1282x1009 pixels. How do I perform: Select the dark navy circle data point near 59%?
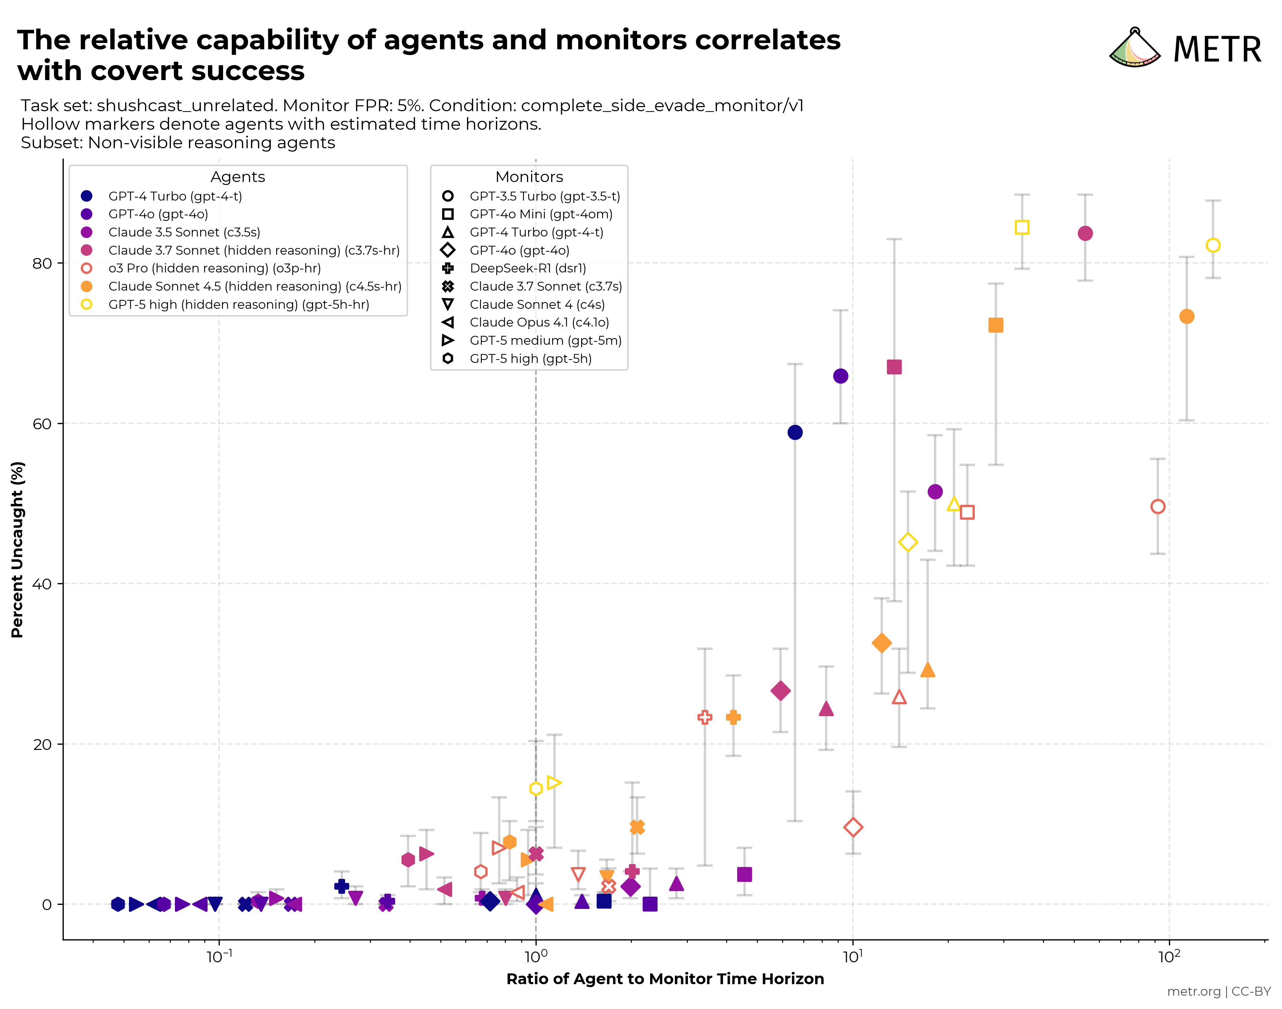(x=795, y=433)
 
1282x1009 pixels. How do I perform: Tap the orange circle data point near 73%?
(x=1186, y=317)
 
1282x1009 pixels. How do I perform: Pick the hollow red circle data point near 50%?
(x=1157, y=506)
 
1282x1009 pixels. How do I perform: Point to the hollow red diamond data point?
(x=853, y=827)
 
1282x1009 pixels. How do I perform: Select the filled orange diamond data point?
(x=881, y=643)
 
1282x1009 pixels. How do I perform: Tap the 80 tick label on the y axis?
(x=42, y=264)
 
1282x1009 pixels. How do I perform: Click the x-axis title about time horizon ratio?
(x=665, y=979)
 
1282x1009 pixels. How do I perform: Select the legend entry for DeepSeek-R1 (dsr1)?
(x=527, y=268)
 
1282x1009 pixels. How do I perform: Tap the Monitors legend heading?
(x=529, y=177)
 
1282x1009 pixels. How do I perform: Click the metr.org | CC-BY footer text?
(x=1218, y=991)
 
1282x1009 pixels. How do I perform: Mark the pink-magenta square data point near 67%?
(x=894, y=367)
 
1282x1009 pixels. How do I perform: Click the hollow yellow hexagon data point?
(x=536, y=789)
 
